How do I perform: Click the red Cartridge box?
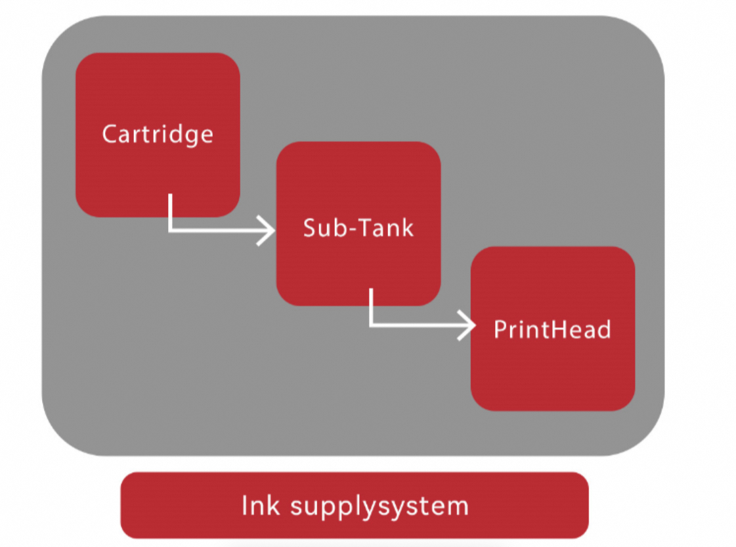(x=158, y=98)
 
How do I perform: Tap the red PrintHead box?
(x=552, y=368)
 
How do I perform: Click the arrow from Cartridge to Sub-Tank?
(x=217, y=230)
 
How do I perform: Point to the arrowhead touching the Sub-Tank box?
(x=268, y=230)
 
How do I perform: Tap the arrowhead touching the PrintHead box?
(x=468, y=325)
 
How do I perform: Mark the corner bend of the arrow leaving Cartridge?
(x=170, y=230)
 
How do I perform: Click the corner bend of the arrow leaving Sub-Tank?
(x=371, y=325)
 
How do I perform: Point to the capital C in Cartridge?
(x=110, y=134)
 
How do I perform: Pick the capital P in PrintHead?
(x=500, y=329)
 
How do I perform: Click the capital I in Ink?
(x=245, y=506)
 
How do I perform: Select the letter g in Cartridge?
(x=188, y=136)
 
